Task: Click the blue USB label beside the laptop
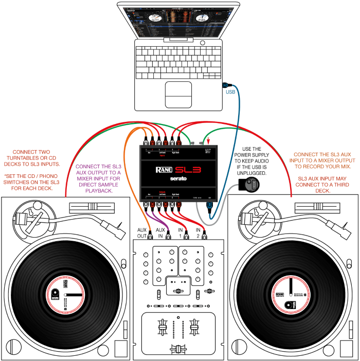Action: point(231,93)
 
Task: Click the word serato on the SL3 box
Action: point(179,179)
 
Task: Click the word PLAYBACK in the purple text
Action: point(106,191)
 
